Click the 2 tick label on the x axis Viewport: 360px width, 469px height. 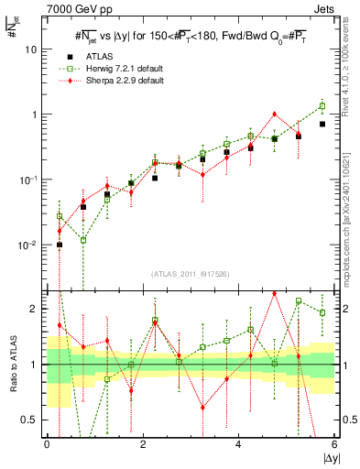[x=142, y=444]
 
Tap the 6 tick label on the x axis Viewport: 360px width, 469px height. [x=334, y=444]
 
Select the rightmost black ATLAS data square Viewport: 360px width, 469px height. [x=322, y=124]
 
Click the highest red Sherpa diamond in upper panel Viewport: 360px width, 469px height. [x=274, y=115]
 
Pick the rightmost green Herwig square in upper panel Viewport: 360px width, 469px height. [x=322, y=105]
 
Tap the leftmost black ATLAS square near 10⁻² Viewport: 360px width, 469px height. [x=60, y=245]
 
